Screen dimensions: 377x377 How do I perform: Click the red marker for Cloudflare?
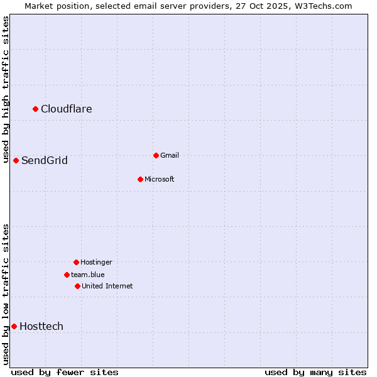(36, 109)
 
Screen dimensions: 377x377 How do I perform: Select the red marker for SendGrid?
(16, 160)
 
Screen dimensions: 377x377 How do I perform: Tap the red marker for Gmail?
(156, 155)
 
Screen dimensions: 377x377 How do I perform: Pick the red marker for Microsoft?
(140, 179)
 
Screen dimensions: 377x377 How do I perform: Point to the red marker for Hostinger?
(76, 262)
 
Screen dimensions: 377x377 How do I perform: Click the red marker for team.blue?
(67, 275)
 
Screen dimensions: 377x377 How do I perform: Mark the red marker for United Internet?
(77, 286)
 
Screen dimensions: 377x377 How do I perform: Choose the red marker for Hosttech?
(14, 326)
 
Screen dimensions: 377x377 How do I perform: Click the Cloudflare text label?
(67, 109)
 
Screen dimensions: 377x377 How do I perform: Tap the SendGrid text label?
(45, 161)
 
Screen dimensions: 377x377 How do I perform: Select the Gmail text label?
(170, 156)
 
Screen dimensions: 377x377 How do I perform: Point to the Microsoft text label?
(160, 180)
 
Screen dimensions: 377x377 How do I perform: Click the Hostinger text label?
(96, 263)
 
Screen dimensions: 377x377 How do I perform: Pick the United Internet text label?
(107, 287)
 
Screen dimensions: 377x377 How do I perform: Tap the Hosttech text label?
(41, 327)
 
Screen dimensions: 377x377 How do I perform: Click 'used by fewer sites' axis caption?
(65, 372)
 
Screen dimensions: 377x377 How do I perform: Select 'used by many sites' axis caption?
(315, 372)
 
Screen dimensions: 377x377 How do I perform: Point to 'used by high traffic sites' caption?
(6, 89)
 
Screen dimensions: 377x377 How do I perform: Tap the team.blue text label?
(88, 275)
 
